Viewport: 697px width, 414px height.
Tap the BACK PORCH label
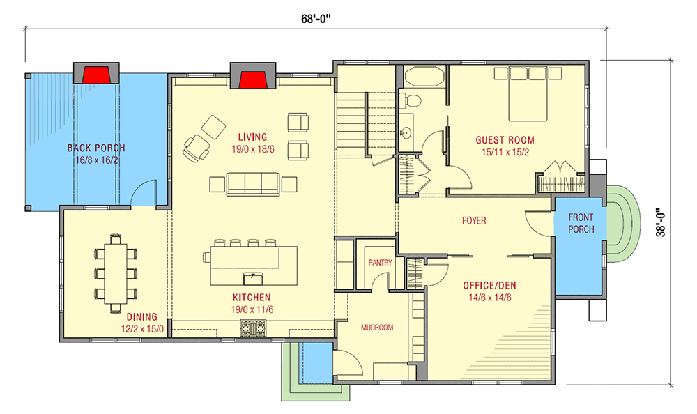coord(96,148)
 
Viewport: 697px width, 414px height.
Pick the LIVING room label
coord(252,137)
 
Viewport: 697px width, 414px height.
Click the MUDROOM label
coord(377,326)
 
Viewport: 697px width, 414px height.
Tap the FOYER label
coord(474,221)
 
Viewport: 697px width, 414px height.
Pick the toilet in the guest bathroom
coord(411,100)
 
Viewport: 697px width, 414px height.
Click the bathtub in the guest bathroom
coord(423,76)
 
